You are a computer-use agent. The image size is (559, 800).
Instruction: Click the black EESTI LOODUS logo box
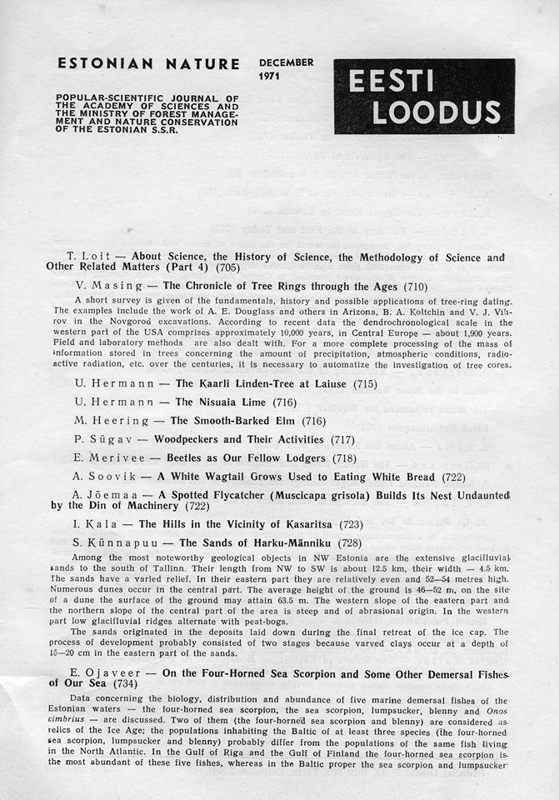point(424,97)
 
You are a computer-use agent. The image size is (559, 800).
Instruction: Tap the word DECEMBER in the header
point(286,63)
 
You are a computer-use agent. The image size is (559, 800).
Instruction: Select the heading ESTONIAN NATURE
point(149,64)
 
